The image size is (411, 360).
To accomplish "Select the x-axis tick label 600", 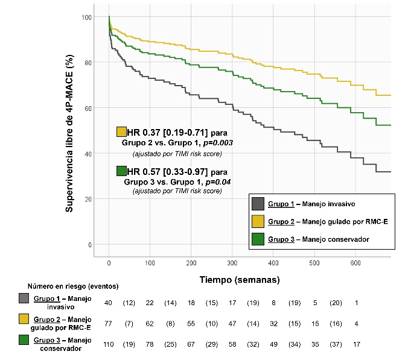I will [355, 264].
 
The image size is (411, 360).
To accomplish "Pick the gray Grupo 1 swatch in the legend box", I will [258, 204].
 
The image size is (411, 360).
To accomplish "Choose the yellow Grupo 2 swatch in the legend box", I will [258, 221].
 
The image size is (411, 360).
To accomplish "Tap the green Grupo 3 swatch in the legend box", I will [258, 239].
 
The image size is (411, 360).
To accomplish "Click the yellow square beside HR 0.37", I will [121, 131].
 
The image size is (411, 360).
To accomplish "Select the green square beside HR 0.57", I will [121, 171].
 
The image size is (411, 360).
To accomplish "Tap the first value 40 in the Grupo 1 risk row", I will [109, 302].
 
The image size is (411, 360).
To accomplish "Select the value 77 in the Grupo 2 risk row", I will [109, 324].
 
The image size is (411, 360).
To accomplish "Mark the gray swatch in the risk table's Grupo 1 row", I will [24, 298].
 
